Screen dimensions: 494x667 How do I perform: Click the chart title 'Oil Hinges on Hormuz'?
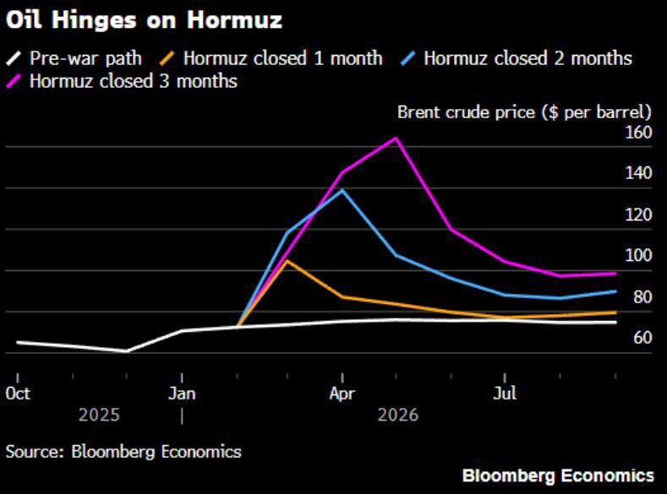click(x=144, y=19)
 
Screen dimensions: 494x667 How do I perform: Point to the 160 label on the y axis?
click(x=638, y=133)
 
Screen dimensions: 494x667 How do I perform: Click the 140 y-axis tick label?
click(x=638, y=173)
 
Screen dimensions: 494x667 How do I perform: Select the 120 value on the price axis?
click(x=638, y=214)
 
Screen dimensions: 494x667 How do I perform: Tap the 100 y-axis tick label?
click(x=638, y=256)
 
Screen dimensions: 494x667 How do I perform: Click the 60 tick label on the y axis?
click(x=642, y=338)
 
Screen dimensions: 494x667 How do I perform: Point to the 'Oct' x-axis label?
click(x=17, y=394)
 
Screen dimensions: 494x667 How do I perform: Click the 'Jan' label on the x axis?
click(x=182, y=394)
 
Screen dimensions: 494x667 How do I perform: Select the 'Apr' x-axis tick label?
click(x=342, y=394)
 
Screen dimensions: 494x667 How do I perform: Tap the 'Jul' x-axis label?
click(x=505, y=394)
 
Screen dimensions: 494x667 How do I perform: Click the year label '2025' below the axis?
click(x=100, y=415)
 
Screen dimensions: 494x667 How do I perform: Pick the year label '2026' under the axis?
click(x=397, y=415)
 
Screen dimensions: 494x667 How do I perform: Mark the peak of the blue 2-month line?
click(x=342, y=190)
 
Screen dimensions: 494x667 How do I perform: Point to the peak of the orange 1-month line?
click(x=287, y=261)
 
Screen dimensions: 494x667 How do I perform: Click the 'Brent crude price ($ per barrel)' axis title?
click(x=524, y=111)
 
